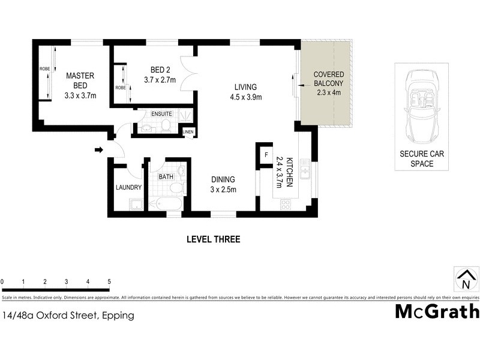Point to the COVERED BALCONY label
point(328,79)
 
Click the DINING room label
point(222,179)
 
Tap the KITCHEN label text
point(289,173)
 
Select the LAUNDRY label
point(128,187)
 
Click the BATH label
point(166,177)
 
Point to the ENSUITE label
point(161,113)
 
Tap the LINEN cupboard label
point(188,131)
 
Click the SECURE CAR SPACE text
point(422,158)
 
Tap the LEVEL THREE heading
point(213,239)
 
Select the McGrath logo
point(437,311)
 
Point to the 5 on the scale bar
point(109,281)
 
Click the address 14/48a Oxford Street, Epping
point(68,315)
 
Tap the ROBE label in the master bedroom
point(45,69)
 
